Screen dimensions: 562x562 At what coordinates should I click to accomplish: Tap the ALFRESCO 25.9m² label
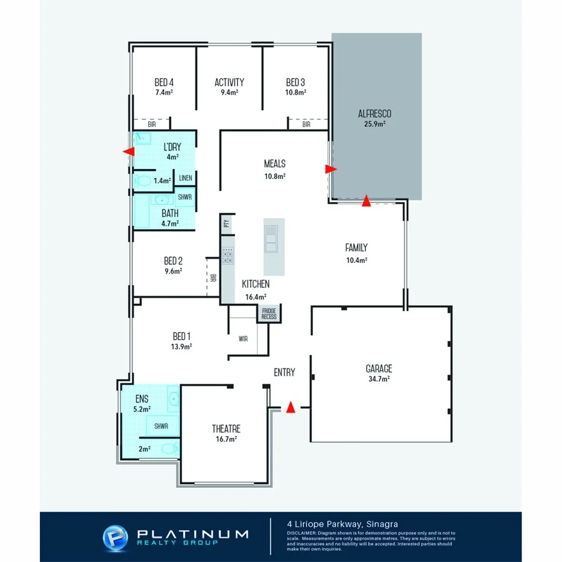pos(374,118)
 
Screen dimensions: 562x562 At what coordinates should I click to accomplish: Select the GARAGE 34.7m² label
pos(378,372)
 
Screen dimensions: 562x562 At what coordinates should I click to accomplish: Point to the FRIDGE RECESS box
pos(269,314)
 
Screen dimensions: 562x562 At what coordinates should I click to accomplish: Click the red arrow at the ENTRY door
pos(290,408)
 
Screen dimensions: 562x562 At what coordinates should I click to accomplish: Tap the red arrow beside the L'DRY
pos(128,151)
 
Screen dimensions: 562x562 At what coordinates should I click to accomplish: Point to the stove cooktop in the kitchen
pos(228,256)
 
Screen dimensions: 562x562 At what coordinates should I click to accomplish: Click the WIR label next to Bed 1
pos(243,339)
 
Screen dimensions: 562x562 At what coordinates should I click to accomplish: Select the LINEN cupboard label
pos(186,178)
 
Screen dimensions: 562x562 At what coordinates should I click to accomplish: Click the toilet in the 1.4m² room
pos(142,180)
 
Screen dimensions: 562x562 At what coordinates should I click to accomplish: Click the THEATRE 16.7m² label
pos(226,433)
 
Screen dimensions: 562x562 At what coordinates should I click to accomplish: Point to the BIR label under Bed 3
pos(306,125)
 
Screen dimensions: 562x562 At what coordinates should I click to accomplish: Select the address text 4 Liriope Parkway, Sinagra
pos(342,523)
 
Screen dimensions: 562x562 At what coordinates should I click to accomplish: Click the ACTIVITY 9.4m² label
pos(229,86)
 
